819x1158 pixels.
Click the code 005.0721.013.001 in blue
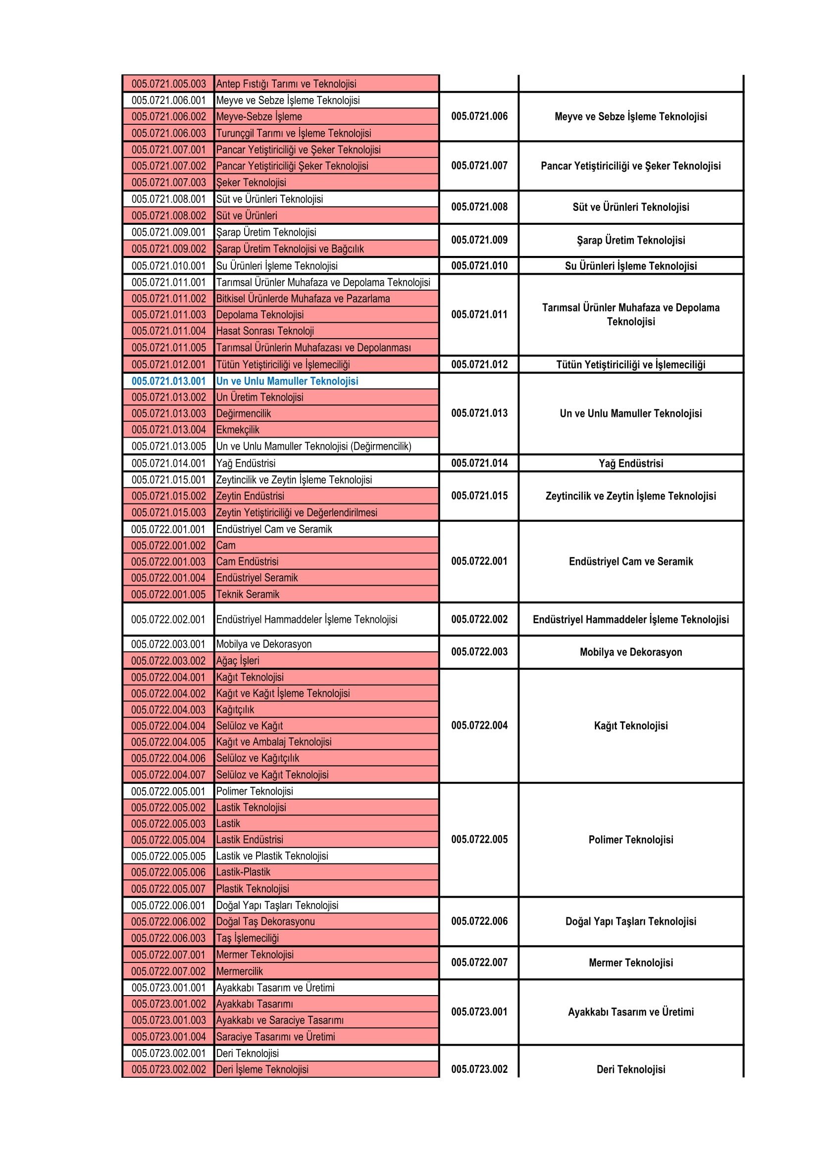point(168,381)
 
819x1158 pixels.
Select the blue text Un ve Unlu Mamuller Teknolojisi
point(287,381)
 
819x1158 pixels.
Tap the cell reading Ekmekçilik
point(238,430)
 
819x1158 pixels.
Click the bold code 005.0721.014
point(479,463)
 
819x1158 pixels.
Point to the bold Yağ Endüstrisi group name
point(630,463)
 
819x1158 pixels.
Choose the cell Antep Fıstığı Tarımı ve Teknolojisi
point(286,84)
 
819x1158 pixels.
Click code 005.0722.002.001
point(168,619)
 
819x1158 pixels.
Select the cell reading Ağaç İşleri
point(238,661)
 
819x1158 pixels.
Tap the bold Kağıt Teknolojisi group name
point(630,726)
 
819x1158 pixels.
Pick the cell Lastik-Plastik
point(243,872)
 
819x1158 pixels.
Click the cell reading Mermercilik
point(240,971)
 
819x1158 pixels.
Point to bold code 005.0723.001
point(479,1012)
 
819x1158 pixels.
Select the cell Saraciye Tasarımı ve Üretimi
point(275,1036)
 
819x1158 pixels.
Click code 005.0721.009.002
point(168,249)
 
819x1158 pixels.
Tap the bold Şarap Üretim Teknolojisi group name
point(630,240)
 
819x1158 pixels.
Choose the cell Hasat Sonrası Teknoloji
point(265,331)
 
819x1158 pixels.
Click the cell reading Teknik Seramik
point(248,594)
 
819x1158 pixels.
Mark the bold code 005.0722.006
point(479,921)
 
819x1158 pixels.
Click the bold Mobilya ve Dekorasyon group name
point(630,652)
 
